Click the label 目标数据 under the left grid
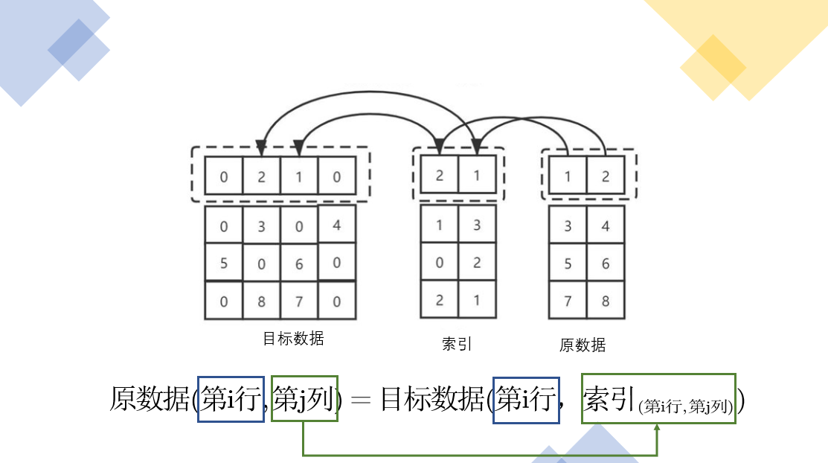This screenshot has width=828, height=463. coord(293,339)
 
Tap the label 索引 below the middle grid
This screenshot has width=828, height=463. coord(457,344)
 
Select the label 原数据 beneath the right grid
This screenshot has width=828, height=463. coord(583,345)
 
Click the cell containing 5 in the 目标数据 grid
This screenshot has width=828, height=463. coord(224,263)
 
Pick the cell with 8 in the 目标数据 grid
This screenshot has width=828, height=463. coord(261,301)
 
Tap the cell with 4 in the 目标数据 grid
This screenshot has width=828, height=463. coord(337,224)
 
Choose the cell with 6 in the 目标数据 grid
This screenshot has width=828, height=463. coord(299,264)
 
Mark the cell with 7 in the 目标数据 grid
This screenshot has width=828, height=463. coord(299,301)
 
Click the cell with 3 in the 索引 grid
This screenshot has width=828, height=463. coord(477,225)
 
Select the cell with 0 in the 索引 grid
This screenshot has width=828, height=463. coord(440,262)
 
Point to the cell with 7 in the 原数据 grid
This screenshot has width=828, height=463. coord(568,301)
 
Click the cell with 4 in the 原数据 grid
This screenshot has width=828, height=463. coord(606,226)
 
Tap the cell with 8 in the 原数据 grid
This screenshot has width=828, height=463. coord(606,301)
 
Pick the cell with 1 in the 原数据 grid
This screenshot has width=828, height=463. coord(568,177)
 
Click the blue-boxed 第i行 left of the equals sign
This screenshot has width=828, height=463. coord(231,400)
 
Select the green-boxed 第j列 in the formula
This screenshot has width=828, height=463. coord(304,400)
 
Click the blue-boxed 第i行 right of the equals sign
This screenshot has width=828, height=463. coord(526,400)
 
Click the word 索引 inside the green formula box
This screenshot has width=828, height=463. coord(609,399)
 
